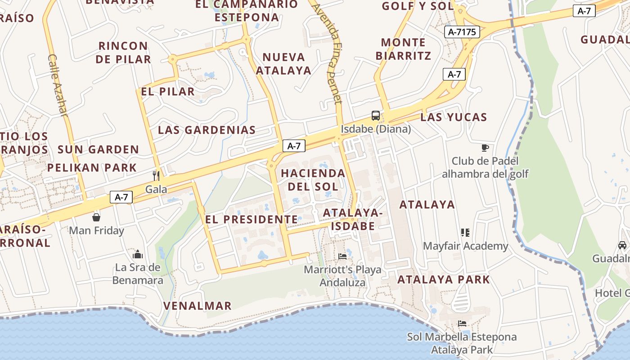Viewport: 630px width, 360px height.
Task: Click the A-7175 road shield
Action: [462, 32]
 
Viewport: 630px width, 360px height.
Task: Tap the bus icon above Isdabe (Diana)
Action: [375, 116]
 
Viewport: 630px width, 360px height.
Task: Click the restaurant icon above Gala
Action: [156, 175]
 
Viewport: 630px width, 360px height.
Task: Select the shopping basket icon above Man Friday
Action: [96, 218]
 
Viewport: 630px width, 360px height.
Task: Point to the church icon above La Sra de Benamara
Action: [138, 255]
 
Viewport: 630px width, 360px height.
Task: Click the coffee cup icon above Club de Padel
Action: [485, 148]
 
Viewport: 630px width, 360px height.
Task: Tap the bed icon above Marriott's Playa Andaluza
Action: [342, 256]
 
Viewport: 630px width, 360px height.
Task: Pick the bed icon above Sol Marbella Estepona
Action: [462, 324]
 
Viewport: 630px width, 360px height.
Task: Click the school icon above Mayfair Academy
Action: [465, 233]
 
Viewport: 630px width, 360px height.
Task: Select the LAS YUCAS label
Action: [454, 117]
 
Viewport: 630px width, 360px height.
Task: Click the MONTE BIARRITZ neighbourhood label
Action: [403, 49]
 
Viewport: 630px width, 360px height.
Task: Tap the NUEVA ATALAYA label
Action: [283, 63]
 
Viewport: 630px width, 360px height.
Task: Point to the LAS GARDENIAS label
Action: [207, 130]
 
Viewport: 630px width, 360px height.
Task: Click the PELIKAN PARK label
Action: [92, 168]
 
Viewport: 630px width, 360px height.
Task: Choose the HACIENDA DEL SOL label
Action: [313, 180]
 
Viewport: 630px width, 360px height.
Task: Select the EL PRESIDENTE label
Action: [251, 220]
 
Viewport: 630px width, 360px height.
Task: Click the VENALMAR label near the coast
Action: [197, 306]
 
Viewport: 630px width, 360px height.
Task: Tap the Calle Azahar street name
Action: [57, 85]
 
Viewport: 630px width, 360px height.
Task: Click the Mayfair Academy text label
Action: [465, 246]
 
